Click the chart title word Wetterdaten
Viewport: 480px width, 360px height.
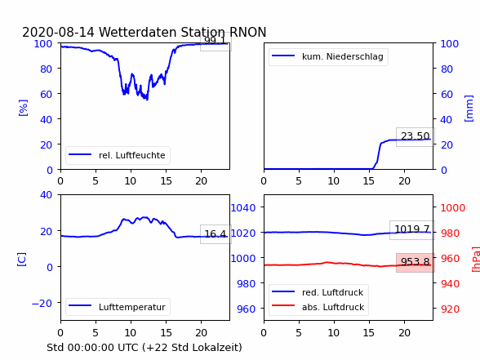click(138, 32)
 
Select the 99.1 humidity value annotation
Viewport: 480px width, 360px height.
click(216, 41)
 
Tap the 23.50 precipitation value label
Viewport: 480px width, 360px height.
click(415, 136)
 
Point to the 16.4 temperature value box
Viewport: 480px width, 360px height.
click(216, 234)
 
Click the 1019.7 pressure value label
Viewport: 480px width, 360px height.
click(412, 229)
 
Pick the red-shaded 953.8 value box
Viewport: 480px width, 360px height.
click(415, 262)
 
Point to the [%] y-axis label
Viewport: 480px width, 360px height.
click(23, 108)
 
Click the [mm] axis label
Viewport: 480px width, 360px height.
click(469, 109)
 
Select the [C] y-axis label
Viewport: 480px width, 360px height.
click(22, 260)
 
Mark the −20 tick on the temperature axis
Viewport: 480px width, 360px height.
click(42, 304)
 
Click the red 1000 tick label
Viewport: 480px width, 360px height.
click(453, 208)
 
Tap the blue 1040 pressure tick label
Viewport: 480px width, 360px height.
click(243, 208)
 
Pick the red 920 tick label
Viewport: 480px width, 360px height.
click(450, 309)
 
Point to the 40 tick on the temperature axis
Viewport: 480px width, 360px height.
click(46, 194)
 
